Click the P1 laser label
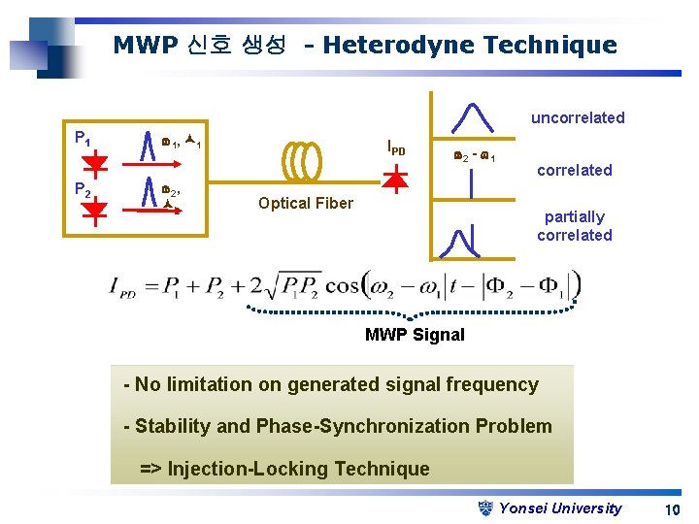point(83,137)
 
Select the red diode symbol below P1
point(95,161)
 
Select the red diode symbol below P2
point(95,213)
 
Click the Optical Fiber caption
point(306,203)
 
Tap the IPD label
point(396,148)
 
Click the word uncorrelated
point(578,117)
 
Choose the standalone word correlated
point(575,170)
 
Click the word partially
point(575,217)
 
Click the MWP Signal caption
point(415,335)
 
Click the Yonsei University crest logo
point(487,508)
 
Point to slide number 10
point(672,509)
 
